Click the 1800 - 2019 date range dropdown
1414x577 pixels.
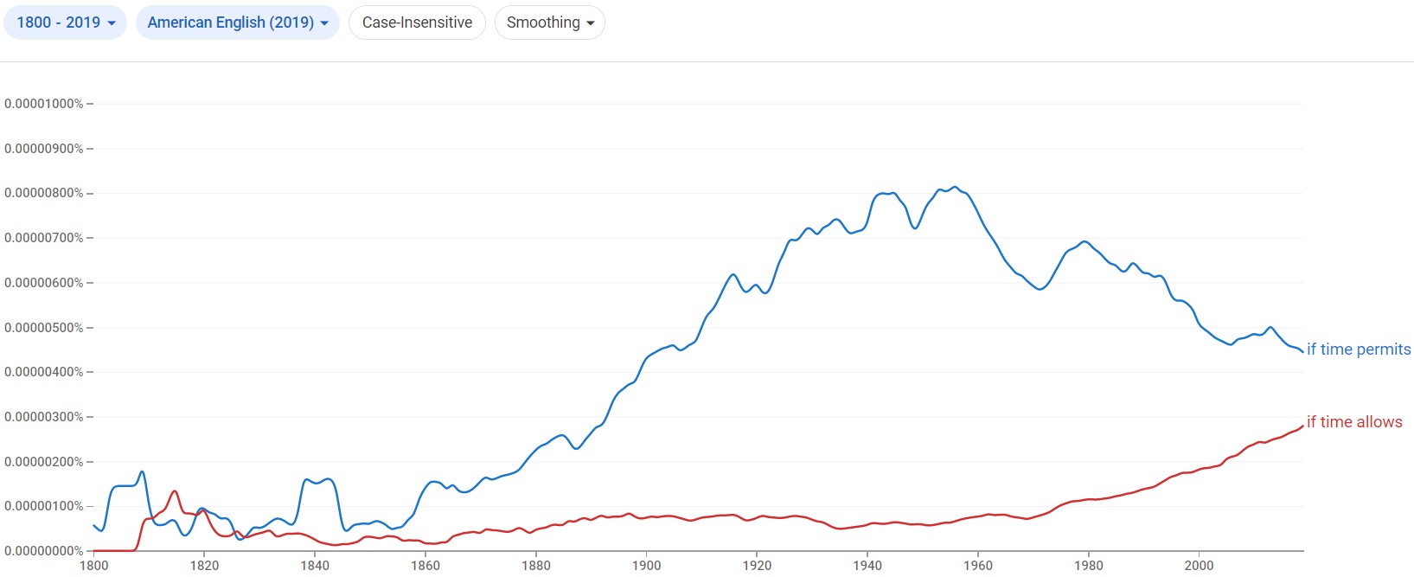coord(66,22)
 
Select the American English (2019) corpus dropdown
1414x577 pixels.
coord(238,22)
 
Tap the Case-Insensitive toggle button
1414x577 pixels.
coord(417,22)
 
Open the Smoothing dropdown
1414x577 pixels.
coord(550,22)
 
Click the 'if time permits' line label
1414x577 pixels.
coord(1358,349)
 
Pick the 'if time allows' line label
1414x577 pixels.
coord(1354,422)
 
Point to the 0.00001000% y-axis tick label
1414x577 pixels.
coord(44,104)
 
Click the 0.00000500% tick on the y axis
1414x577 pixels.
coord(44,328)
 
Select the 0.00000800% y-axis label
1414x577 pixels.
coord(44,193)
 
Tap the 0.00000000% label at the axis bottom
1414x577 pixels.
coord(44,551)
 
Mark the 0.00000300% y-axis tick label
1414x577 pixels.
coord(44,417)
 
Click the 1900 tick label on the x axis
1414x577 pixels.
coord(646,566)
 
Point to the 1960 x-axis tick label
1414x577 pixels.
coord(978,566)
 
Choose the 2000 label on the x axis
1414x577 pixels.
coord(1199,566)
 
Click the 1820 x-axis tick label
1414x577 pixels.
coord(204,566)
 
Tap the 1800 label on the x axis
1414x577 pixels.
coord(93,566)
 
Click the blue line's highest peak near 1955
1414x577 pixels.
coord(954,187)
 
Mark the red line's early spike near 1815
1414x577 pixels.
coord(175,491)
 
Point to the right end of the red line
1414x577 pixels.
coord(1302,426)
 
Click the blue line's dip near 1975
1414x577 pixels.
coord(1040,289)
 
